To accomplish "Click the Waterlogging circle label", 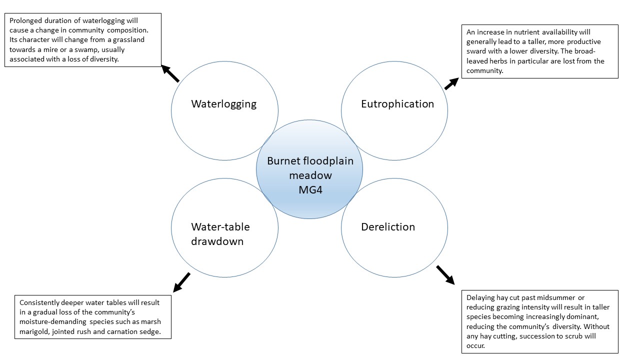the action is pos(223,104).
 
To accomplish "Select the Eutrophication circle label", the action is pos(397,104).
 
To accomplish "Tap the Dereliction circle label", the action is pos(388,227).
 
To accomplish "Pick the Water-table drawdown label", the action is pos(220,234).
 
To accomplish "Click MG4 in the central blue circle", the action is pos(310,189).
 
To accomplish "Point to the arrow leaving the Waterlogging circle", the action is pos(170,73).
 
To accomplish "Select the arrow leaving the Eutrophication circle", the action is pos(451,83).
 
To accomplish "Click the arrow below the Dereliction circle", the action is pos(445,275).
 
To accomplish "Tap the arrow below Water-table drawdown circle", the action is pos(181,282).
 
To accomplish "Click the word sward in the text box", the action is pos(475,51).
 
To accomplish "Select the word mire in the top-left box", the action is pos(50,49).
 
